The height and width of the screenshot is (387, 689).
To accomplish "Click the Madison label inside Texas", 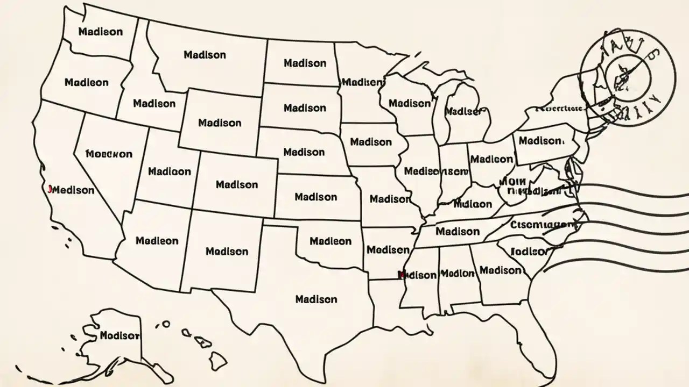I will pos(317,299).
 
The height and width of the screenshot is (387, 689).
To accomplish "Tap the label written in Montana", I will pos(205,55).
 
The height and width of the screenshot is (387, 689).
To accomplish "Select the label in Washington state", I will pos(100,32).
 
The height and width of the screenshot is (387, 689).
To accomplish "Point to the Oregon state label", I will pos(86,83).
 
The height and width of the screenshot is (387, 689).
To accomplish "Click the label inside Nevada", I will pos(109,154).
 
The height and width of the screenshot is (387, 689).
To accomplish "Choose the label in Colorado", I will pos(237,184).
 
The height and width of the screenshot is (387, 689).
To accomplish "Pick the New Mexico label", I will pos(227,251).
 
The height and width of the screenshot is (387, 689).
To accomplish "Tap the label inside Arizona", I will pos(157,241).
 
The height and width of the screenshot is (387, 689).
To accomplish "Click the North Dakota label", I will pos(305,63).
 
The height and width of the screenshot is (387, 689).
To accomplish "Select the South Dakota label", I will pos(305,108).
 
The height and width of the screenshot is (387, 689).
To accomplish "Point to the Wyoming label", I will pos(220,123).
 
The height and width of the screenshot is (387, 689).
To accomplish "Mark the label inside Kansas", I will pos(316,197).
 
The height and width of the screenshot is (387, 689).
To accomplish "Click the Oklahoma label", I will pos(331,241).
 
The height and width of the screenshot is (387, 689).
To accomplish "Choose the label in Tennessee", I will pos(457,232).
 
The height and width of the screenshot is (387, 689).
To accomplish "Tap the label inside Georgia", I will pos(500,270).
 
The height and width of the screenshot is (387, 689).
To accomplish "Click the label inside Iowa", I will pos(371,142).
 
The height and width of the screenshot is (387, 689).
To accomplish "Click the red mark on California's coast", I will pos(50,189).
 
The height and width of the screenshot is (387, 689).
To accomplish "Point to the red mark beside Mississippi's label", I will pos(400,275).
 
